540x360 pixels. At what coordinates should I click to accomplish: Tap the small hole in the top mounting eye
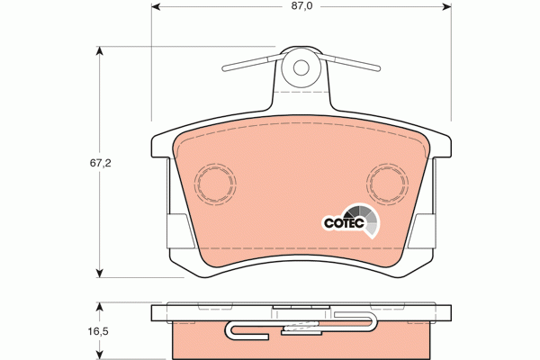[301, 66]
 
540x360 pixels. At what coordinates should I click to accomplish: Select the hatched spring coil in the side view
[301, 326]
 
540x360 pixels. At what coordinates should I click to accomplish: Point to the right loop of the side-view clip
[372, 324]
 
